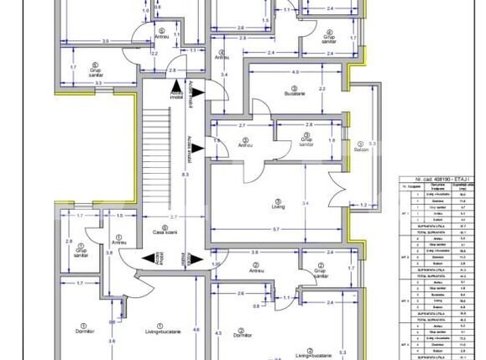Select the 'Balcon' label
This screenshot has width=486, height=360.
coord(361,149)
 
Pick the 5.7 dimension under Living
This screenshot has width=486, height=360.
coord(275,230)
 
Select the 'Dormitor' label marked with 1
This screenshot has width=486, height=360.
coord(82,331)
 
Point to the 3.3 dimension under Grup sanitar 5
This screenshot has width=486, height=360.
coord(97,83)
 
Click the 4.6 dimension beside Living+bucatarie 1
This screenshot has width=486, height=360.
coord(196,330)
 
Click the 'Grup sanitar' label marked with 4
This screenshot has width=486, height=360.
coord(330,39)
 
